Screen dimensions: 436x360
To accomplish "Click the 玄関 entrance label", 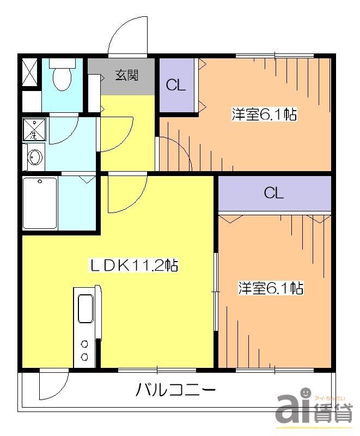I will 126,75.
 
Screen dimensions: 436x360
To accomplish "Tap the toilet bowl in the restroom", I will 62,80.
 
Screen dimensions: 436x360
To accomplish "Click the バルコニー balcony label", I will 175,390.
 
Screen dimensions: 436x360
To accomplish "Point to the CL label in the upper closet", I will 176,85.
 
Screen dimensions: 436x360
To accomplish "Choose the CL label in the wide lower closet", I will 274,193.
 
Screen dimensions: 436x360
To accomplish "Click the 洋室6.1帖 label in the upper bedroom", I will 264,115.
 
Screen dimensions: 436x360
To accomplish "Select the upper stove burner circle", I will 85,344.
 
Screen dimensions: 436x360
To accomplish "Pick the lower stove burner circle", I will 85,356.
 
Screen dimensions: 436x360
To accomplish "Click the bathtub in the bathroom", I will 40,203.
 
